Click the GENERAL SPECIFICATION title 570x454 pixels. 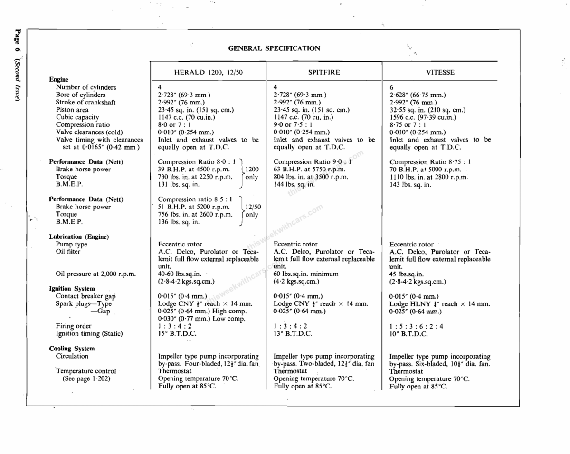pyautogui.click(x=274, y=48)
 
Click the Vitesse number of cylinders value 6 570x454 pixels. pyautogui.click(x=391, y=87)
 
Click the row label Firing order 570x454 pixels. pyautogui.click(x=74, y=326)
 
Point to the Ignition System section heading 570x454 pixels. pyautogui.click(x=72, y=289)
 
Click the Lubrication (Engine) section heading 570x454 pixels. pyautogui.click(x=78, y=236)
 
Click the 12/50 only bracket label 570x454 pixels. pyautogui.click(x=251, y=210)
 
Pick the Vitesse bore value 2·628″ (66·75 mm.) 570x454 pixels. pyautogui.click(x=418, y=95)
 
